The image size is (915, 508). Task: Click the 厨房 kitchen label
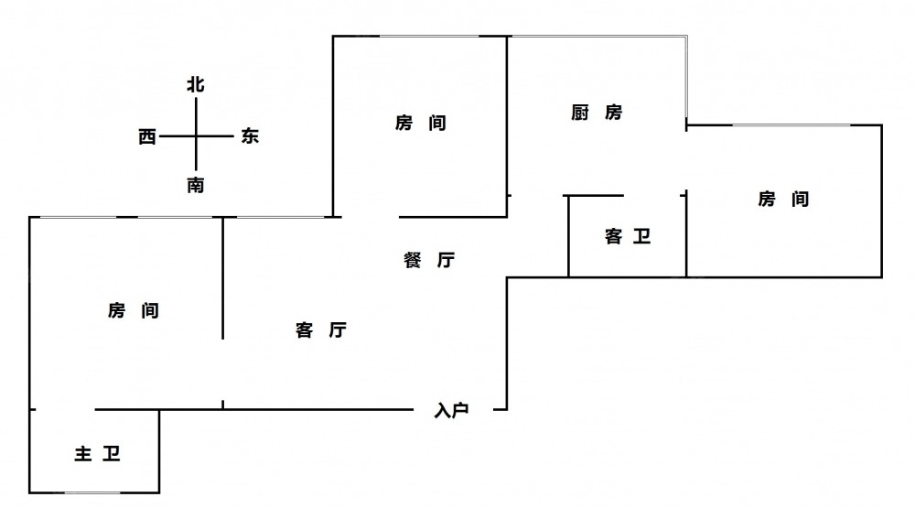point(597,113)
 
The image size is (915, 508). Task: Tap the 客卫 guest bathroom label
point(628,237)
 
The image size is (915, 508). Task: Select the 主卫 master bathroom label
point(97,454)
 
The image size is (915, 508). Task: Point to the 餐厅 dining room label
point(428,260)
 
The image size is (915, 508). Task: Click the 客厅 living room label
point(320,330)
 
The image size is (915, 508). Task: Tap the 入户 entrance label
point(451,411)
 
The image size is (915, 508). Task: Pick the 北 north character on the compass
point(196,85)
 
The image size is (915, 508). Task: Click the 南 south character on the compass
point(196,185)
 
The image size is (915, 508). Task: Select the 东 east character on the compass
point(250,136)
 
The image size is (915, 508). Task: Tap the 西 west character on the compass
point(147,137)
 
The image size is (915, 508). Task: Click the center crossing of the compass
point(196,136)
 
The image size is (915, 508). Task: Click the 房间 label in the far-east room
point(783,199)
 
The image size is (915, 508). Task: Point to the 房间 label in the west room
point(134,311)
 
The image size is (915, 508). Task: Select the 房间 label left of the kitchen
point(421,123)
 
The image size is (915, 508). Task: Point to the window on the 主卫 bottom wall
point(96,492)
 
